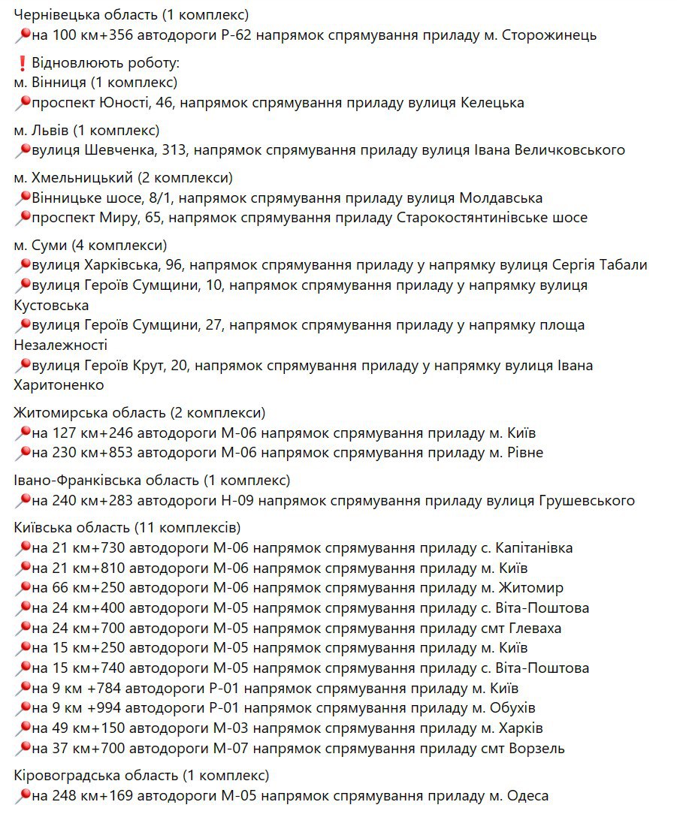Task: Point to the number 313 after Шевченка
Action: coord(173,150)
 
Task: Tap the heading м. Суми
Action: coord(37,246)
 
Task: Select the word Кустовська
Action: coord(51,306)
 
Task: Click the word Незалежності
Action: coord(61,345)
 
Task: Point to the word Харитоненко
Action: coord(59,385)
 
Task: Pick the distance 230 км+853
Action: coord(85,453)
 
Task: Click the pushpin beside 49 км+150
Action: coord(23,728)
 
